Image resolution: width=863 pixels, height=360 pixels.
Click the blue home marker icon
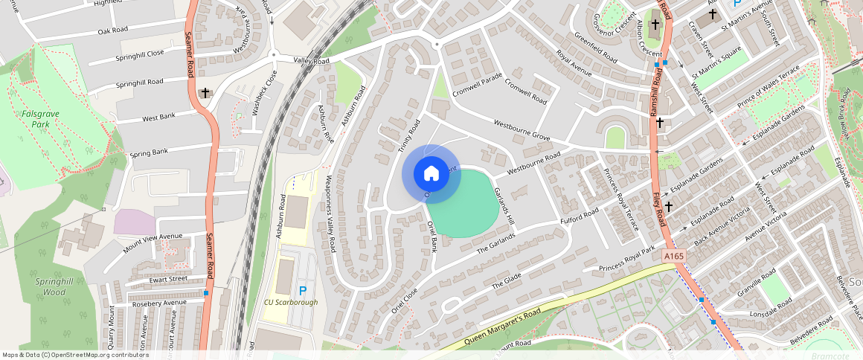click(x=431, y=174)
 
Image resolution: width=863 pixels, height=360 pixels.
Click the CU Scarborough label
click(x=291, y=303)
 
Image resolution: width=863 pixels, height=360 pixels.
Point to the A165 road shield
click(x=673, y=256)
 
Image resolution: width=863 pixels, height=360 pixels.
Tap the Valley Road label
click(x=311, y=60)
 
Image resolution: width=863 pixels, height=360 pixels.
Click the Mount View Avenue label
click(x=153, y=243)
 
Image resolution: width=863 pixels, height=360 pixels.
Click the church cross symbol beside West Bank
click(x=205, y=93)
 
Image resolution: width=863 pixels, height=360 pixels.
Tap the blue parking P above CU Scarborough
click(x=302, y=290)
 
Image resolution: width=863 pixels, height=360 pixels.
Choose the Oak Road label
click(x=113, y=30)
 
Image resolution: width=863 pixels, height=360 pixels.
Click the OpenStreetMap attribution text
click(x=75, y=355)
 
